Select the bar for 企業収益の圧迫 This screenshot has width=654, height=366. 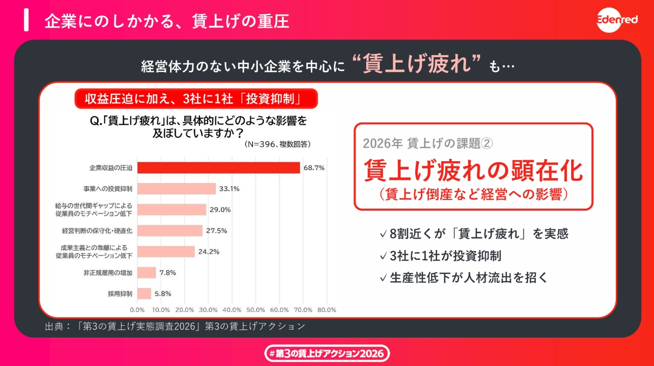pyautogui.click(x=218, y=168)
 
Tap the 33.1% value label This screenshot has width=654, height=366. pyautogui.click(x=229, y=189)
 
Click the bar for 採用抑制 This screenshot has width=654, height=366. pyautogui.click(x=144, y=294)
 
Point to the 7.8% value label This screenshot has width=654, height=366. pyautogui.click(x=167, y=272)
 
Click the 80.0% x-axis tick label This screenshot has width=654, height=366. pyautogui.click(x=326, y=309)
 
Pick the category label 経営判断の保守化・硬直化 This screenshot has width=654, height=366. pyautogui.click(x=97, y=231)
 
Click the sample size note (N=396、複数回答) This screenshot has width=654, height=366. pyautogui.click(x=277, y=144)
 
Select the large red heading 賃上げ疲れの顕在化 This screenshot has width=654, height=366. pyautogui.click(x=473, y=170)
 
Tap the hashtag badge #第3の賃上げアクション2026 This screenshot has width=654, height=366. pyautogui.click(x=327, y=353)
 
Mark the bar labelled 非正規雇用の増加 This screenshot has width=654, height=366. pyautogui.click(x=147, y=272)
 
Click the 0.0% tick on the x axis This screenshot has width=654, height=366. pyautogui.click(x=137, y=309)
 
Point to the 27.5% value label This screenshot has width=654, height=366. pyautogui.click(x=216, y=231)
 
